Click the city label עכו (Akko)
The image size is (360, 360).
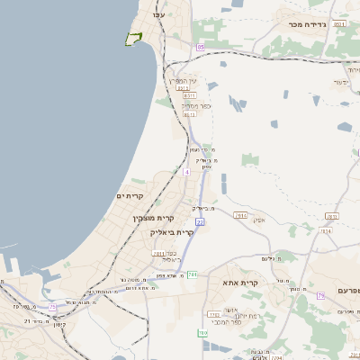[x=159, y=15]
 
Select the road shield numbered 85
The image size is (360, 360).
[x=200, y=47]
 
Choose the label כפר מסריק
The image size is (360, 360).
[x=193, y=105]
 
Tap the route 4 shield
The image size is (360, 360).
[x=186, y=171]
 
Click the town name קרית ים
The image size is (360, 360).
[x=130, y=195]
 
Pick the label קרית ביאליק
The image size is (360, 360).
[x=172, y=232]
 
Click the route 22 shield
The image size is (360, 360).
[x=200, y=220]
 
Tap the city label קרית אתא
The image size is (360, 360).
[x=241, y=283]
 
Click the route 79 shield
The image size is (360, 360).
[x=319, y=296]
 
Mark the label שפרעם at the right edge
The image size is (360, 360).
[x=347, y=291]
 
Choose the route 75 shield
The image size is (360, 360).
[x=53, y=308]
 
